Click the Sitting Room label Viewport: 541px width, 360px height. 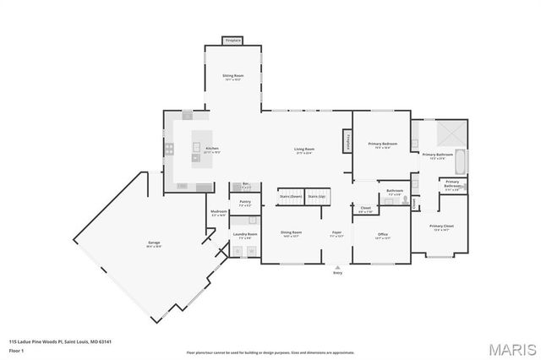tap(232, 78)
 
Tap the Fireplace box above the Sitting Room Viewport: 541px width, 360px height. tap(232, 40)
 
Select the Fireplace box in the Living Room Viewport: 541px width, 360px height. tap(346, 142)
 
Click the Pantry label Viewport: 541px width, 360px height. tap(245, 203)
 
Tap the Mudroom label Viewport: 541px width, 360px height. tap(218, 214)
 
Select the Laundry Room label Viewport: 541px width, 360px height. tap(246, 236)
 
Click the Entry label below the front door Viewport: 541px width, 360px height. tap(338, 273)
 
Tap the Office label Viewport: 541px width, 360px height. tap(382, 237)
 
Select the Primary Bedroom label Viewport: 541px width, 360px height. tap(382, 145)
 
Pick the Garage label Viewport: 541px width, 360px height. tap(154, 244)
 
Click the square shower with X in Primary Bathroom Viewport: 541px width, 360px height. tap(450, 134)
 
